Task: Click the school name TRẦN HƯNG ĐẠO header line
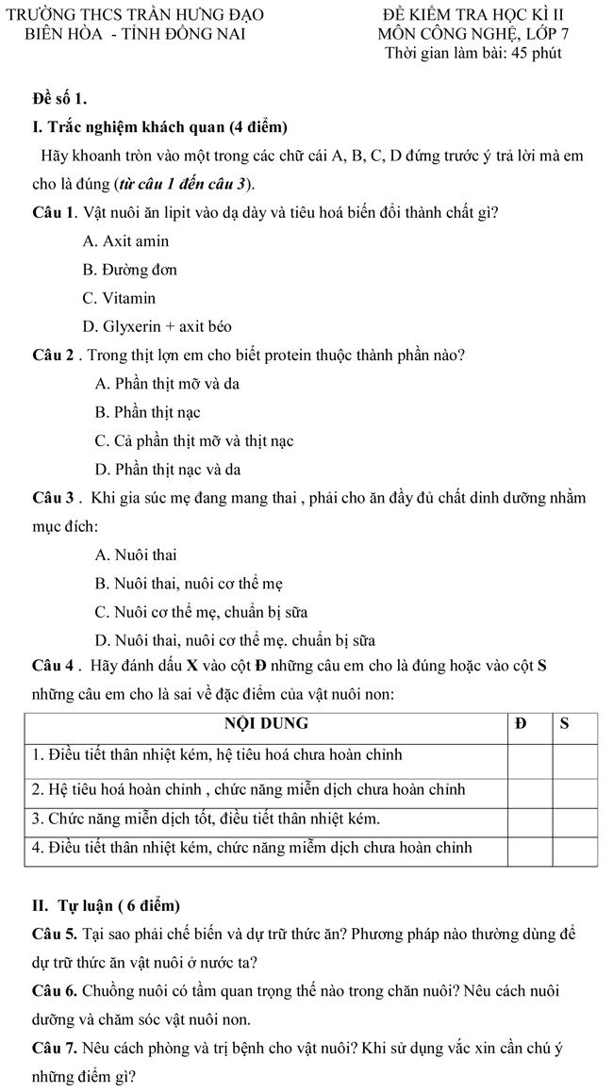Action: tap(136, 14)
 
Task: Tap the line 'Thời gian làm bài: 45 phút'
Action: tap(473, 53)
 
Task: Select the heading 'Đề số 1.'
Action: tap(60, 97)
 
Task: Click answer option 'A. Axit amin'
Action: tap(125, 241)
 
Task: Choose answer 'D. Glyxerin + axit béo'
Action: tap(157, 326)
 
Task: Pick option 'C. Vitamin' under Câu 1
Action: tap(119, 298)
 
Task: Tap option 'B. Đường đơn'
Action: tap(129, 270)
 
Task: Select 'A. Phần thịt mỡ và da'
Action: tap(167, 384)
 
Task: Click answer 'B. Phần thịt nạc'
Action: tap(148, 412)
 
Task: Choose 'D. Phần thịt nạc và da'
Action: tap(168, 469)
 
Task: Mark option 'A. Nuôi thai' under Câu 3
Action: tap(136, 554)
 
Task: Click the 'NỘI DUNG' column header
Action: tap(265, 725)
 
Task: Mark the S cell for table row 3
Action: tap(575, 818)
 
